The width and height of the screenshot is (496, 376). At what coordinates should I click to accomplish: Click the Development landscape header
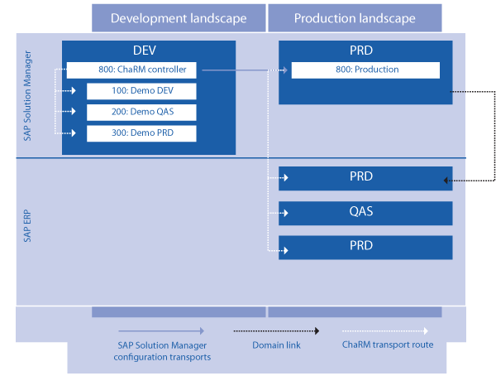(x=179, y=17)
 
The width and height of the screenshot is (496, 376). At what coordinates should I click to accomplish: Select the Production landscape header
(x=355, y=17)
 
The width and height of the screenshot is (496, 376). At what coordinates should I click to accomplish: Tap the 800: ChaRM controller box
(x=131, y=70)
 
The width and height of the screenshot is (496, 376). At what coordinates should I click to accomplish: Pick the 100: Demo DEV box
(x=141, y=91)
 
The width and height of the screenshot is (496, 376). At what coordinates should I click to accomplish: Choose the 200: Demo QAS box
(x=141, y=113)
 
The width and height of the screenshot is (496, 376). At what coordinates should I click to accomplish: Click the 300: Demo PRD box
(x=141, y=133)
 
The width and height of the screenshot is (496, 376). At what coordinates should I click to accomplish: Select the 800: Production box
(x=365, y=70)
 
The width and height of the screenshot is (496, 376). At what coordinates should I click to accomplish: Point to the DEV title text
(x=145, y=51)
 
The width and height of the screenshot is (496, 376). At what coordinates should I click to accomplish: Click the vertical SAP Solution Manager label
(x=27, y=95)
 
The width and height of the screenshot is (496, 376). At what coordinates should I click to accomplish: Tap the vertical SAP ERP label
(x=27, y=226)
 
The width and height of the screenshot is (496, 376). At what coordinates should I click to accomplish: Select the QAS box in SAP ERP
(x=365, y=213)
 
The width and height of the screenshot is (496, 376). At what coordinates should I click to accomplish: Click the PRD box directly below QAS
(x=365, y=248)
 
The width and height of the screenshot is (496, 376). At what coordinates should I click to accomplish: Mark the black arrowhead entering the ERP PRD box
(x=446, y=181)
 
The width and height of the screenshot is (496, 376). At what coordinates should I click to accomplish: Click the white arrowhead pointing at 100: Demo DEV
(x=74, y=91)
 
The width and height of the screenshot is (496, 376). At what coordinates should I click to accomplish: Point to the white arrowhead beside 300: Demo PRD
(x=74, y=133)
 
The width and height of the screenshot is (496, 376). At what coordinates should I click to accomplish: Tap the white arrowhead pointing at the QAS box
(x=286, y=213)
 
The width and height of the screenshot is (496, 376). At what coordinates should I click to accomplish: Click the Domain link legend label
(x=276, y=345)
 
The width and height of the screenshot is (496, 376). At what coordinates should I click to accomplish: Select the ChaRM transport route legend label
(x=388, y=345)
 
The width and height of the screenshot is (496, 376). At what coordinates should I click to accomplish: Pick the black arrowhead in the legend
(x=317, y=331)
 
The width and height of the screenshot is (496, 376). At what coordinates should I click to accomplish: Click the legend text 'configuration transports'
(x=162, y=357)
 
